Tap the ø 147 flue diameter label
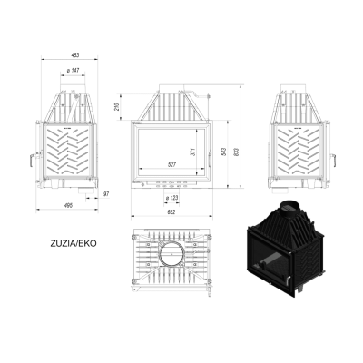pos(73,70)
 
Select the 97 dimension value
pos(106,193)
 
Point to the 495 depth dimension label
pos(69,206)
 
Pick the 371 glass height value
pos(193,152)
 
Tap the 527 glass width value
pos(172,164)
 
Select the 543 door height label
pos(223,152)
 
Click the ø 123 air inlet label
pos(172,198)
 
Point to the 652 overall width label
pos(172,212)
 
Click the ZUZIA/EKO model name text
pos(74,243)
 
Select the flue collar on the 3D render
pos(289,208)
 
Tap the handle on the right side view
pos(333,161)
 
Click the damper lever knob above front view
pos(209,96)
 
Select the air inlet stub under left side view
pos(86,191)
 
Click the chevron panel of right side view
pos(299,152)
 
